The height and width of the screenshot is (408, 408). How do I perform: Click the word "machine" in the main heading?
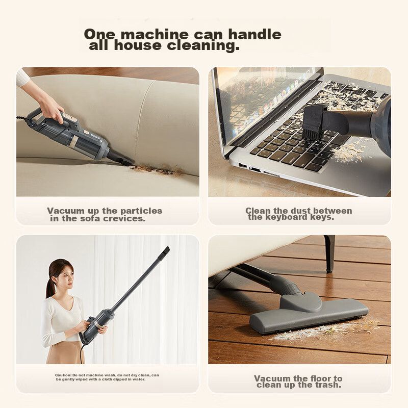click(x=155, y=34)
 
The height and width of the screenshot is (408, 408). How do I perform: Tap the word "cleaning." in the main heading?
click(x=203, y=45)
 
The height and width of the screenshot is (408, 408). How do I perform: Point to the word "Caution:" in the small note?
click(x=63, y=375)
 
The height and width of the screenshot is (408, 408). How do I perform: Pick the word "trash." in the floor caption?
click(x=328, y=385)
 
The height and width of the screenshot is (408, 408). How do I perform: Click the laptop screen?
click(x=265, y=101)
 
